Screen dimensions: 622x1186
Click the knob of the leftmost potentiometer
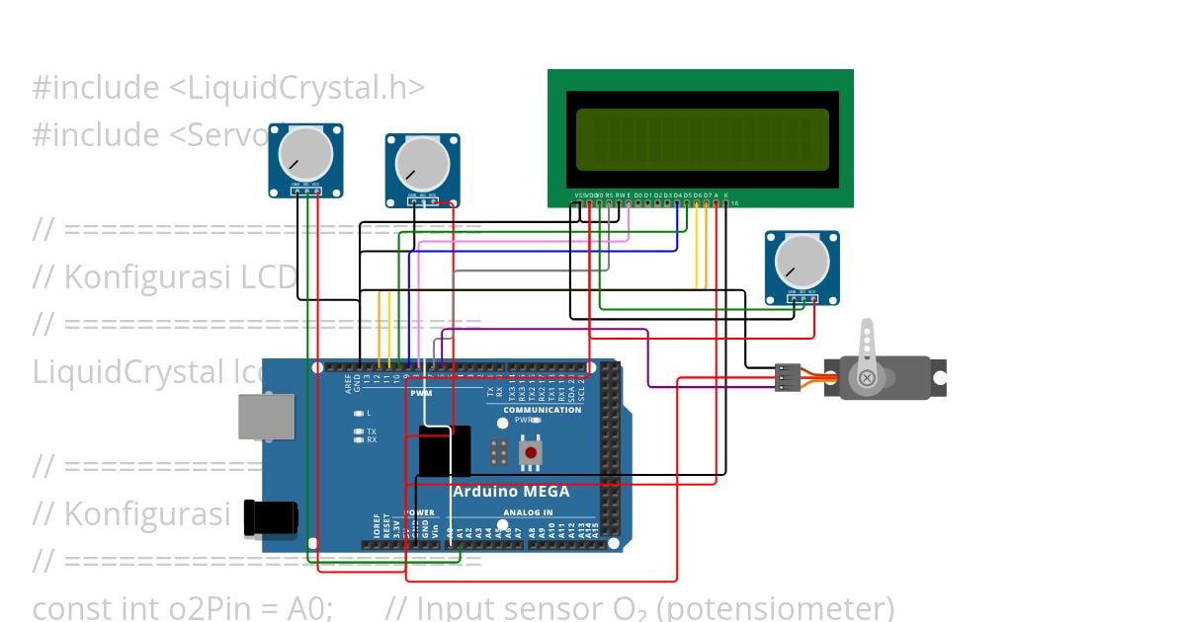point(305,154)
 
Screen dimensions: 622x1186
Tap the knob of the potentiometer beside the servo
point(802,262)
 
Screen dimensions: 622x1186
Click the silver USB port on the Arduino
point(266,416)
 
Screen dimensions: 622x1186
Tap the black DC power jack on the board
point(270,517)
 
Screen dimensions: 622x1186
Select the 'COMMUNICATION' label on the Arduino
point(542,410)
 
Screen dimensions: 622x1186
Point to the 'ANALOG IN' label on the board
point(529,512)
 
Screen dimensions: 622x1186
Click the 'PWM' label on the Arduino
point(421,393)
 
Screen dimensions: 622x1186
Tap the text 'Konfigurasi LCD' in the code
point(180,277)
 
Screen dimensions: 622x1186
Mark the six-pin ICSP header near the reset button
point(500,453)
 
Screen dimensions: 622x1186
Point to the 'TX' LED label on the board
point(371,431)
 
